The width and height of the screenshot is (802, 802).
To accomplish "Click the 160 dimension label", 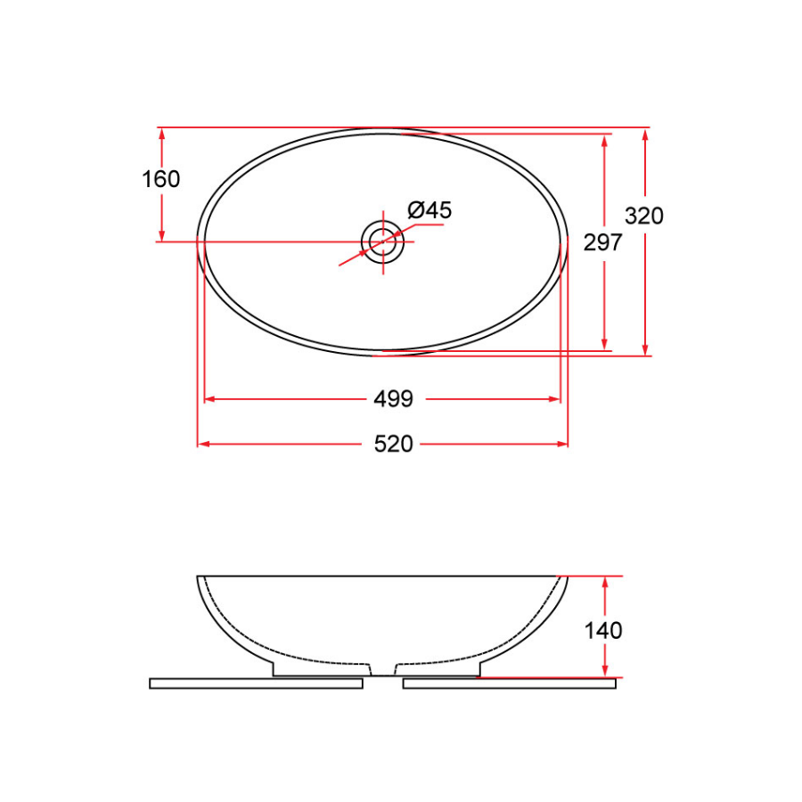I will [x=161, y=179].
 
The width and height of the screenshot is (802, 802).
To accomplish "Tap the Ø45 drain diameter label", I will [x=430, y=210].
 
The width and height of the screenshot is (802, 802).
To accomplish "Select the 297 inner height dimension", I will [x=602, y=241].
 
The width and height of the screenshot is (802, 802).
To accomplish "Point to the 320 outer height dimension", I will [x=644, y=216].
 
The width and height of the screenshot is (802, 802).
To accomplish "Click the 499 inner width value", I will [x=393, y=399].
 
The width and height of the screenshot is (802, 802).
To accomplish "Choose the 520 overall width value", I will [x=393, y=444].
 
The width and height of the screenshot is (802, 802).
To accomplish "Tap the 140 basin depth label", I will [x=603, y=631].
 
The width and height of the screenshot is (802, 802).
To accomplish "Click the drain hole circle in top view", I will [x=382, y=241].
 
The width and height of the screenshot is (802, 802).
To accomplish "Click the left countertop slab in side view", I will [x=256, y=683].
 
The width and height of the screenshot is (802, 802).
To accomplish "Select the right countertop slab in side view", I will [x=509, y=683].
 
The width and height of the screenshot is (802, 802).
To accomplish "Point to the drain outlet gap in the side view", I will [x=382, y=668].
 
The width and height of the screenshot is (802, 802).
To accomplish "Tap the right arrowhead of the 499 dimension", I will [x=556, y=399].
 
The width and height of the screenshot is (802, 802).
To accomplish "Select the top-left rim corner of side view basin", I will [x=198, y=577].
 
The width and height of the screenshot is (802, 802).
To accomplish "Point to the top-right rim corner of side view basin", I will [x=567, y=577].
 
